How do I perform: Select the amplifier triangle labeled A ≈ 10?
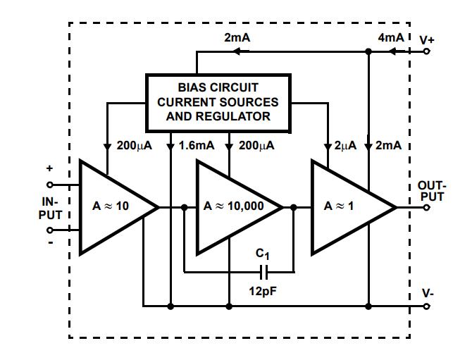(x=113, y=207)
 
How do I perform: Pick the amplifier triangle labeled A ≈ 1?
(x=349, y=207)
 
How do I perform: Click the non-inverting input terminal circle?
(x=50, y=185)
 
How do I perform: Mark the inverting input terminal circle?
(x=50, y=230)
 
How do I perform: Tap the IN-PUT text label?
(x=50, y=207)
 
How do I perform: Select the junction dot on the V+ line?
(x=368, y=51)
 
